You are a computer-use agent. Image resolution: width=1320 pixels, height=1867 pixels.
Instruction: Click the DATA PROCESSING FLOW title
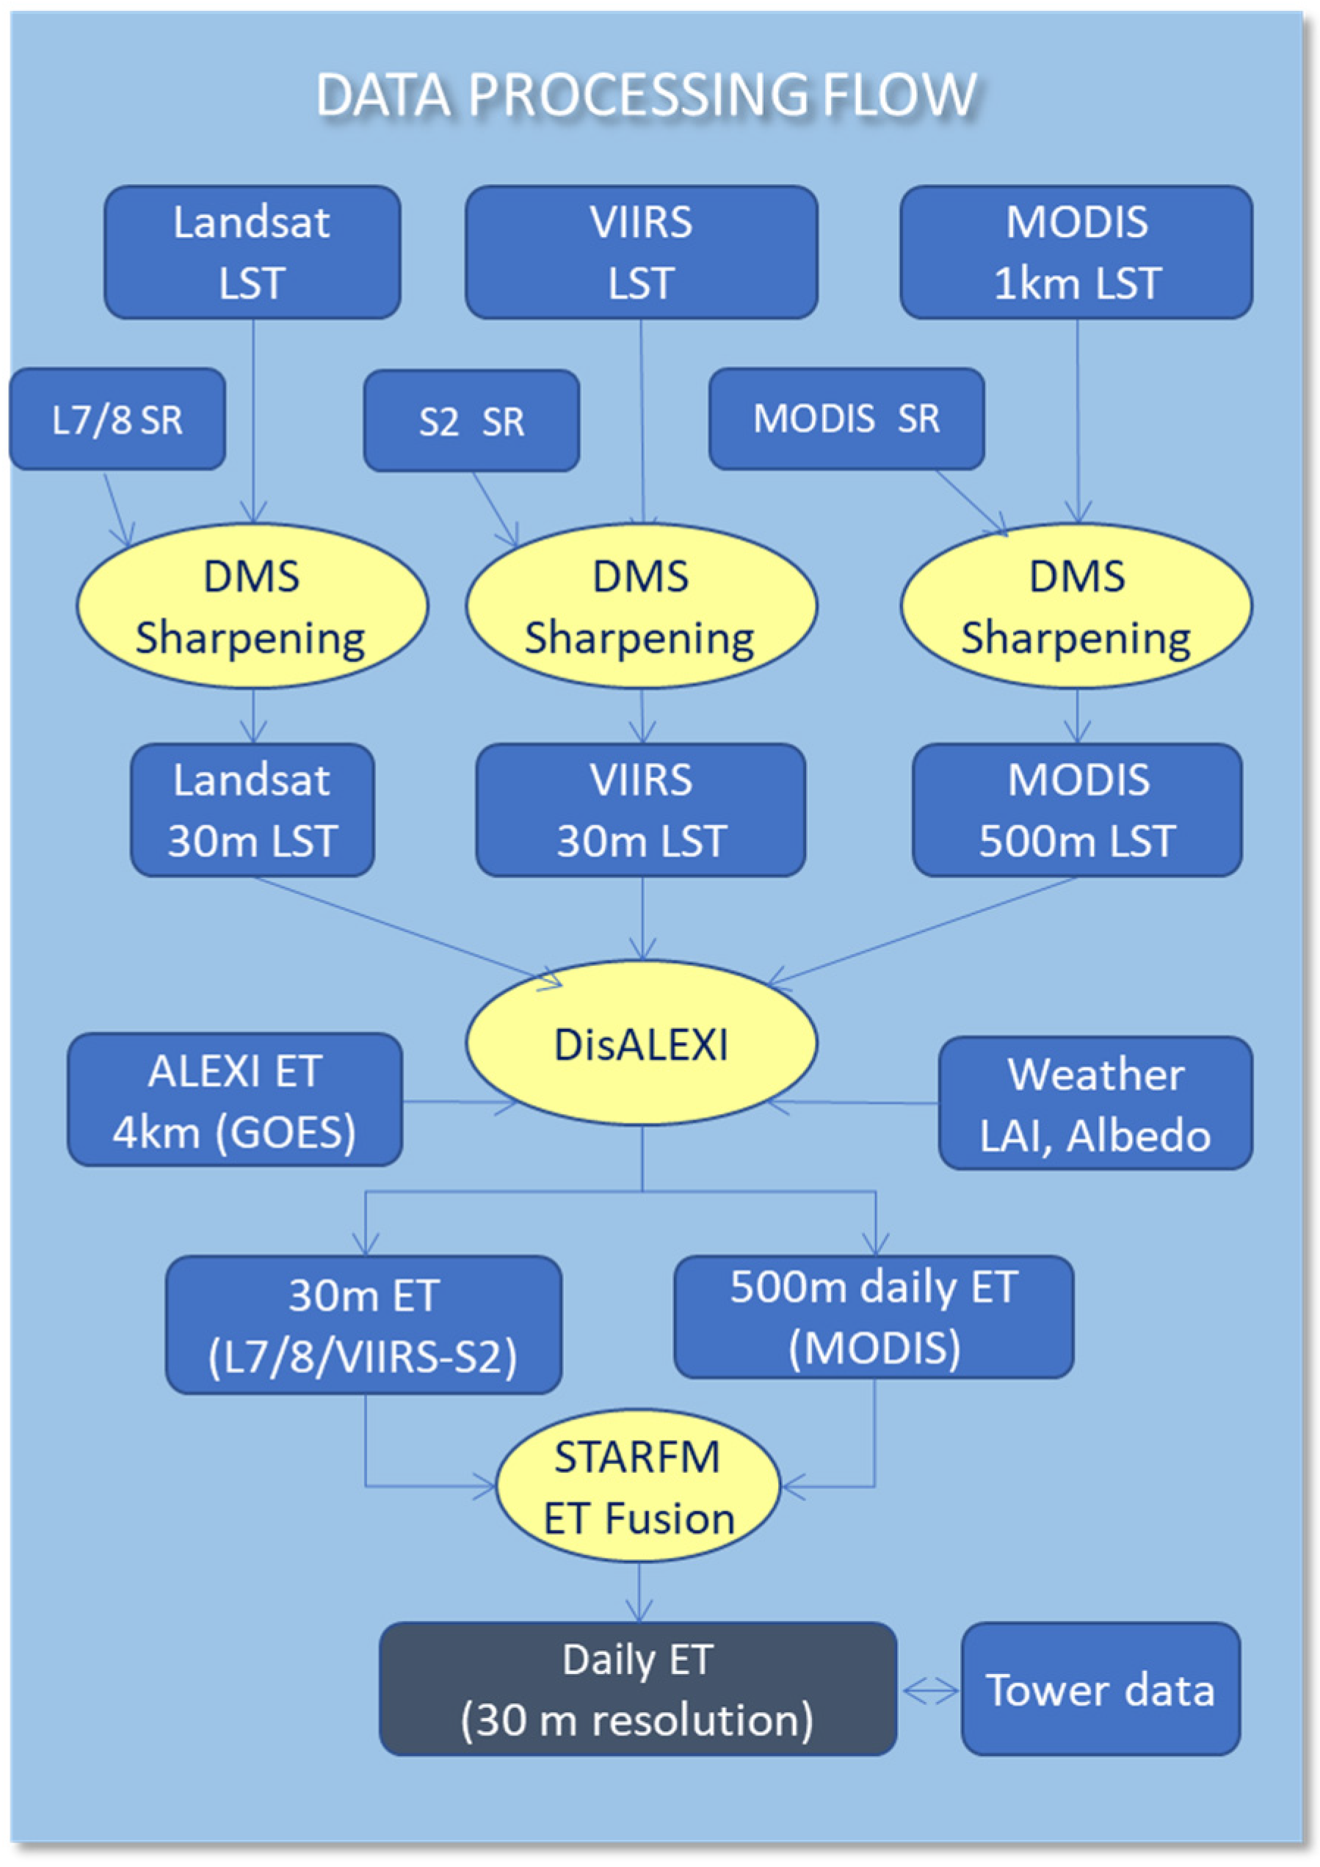[647, 95]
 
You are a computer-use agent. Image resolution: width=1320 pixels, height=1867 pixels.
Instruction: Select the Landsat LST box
[252, 252]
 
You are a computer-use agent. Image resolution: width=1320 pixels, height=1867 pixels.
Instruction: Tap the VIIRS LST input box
[641, 252]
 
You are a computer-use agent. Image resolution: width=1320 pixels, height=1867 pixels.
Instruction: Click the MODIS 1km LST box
[1076, 252]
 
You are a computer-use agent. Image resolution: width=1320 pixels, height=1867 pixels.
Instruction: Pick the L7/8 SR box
[117, 420]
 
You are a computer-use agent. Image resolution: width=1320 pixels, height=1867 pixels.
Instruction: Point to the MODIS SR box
[846, 419]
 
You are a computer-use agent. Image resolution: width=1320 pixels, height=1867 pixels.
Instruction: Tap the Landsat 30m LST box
[252, 810]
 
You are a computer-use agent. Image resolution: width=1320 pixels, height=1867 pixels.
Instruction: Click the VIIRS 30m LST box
[641, 810]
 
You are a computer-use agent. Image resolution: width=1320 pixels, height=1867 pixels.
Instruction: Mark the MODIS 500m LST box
[1077, 810]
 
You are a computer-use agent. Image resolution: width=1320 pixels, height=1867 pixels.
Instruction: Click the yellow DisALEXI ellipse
[641, 1044]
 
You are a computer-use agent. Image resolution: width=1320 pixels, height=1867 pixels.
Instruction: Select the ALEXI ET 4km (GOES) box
[234, 1100]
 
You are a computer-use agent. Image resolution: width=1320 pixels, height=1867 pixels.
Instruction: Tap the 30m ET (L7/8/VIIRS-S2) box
[363, 1325]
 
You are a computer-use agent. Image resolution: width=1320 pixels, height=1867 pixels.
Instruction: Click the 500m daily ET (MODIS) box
[874, 1317]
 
